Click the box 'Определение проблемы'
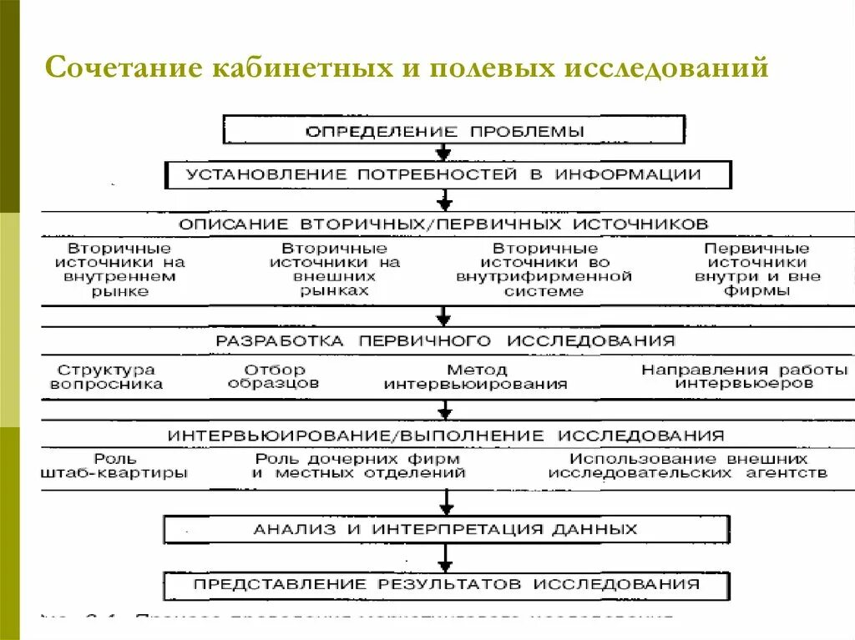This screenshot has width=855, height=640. (453, 130)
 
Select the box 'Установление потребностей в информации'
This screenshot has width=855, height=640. (448, 174)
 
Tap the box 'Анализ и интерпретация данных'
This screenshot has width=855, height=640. (446, 529)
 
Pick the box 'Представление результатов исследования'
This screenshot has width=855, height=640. (446, 585)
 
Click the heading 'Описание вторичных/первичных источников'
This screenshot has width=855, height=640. (443, 224)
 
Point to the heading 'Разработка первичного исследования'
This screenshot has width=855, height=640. (445, 340)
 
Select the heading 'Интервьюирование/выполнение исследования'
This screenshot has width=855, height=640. (446, 436)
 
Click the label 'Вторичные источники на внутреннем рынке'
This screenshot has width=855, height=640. (120, 270)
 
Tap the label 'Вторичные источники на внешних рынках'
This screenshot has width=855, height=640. (334, 270)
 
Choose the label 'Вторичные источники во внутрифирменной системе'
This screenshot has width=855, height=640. (544, 270)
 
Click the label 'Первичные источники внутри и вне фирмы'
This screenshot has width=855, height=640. (757, 270)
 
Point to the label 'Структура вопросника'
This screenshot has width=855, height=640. (106, 377)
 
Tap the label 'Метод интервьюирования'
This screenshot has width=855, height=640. (476, 377)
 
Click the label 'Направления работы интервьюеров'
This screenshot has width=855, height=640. (744, 377)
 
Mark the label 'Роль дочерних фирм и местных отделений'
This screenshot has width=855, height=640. (358, 466)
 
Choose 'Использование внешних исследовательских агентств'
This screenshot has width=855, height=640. (688, 466)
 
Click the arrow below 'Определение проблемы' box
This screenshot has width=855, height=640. (444, 151)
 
